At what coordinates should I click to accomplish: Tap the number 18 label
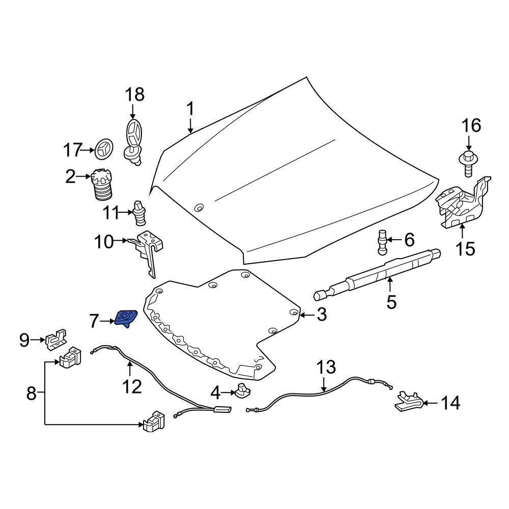[135, 94]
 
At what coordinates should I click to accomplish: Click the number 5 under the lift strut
[391, 301]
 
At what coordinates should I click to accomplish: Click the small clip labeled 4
[242, 391]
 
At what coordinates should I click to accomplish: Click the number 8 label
[32, 393]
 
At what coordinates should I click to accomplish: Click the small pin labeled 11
[139, 214]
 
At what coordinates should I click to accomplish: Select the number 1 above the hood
[190, 109]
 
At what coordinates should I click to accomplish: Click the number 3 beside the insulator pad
[321, 315]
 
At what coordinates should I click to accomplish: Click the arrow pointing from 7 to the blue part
[107, 321]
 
